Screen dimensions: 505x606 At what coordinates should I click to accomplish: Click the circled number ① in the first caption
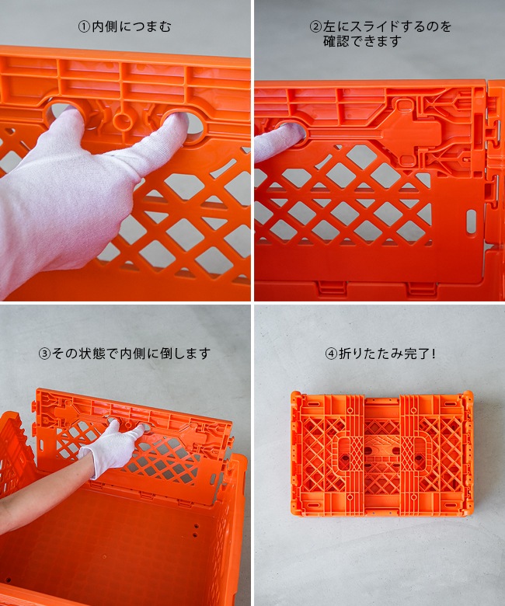[84, 26]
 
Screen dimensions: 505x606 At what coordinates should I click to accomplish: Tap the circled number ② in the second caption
[315, 26]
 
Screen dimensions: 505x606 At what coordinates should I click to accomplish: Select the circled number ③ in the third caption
[44, 353]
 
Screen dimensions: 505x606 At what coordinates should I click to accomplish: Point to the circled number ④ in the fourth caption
[331, 353]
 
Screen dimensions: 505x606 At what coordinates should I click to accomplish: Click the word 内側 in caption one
[105, 26]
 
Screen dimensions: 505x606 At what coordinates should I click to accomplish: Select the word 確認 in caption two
[336, 41]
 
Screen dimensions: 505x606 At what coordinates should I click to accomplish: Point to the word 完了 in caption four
[416, 353]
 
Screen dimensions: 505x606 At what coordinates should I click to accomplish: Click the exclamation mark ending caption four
[434, 353]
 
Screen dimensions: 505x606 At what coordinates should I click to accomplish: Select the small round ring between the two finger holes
[124, 121]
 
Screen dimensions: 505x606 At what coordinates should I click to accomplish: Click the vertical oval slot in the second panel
[471, 221]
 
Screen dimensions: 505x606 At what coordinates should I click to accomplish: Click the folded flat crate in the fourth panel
[381, 455]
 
